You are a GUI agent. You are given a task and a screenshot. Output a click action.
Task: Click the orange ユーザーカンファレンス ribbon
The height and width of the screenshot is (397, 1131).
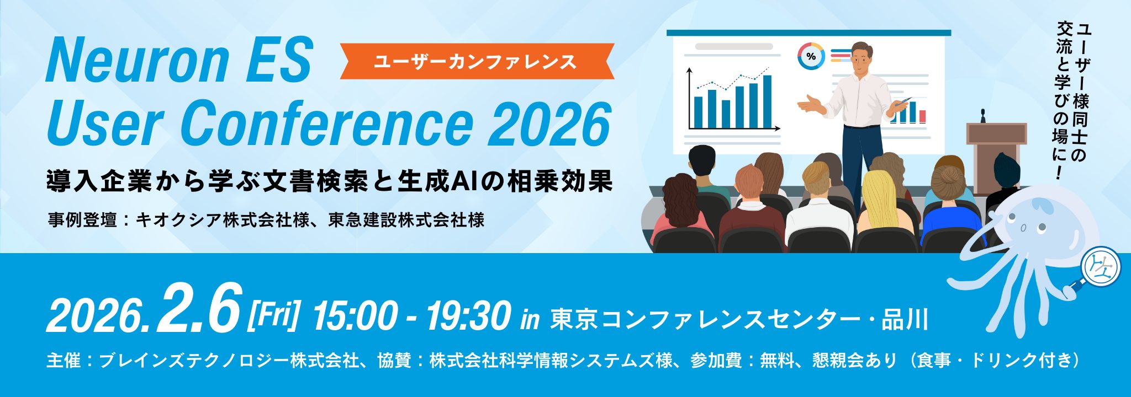pyautogui.click(x=476, y=61)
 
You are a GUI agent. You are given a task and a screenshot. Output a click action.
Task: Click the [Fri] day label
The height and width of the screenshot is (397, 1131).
pyautogui.click(x=274, y=315)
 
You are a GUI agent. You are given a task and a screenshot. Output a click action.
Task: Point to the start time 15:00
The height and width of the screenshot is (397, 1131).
pyautogui.click(x=354, y=317)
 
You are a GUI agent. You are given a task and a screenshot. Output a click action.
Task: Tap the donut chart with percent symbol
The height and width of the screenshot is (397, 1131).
pyautogui.click(x=811, y=56)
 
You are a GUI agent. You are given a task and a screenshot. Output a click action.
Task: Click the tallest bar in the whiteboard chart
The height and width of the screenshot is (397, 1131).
pyautogui.click(x=767, y=101)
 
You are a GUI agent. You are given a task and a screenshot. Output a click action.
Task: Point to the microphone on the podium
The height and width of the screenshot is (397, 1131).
pyautogui.click(x=984, y=116)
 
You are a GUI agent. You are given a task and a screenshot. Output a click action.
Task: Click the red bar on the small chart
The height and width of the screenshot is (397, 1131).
pyautogui.click(x=922, y=116)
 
